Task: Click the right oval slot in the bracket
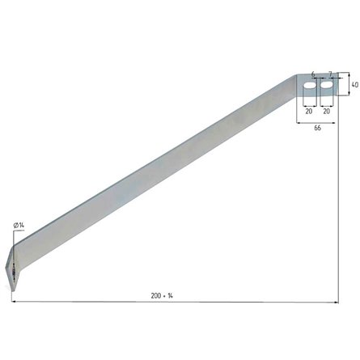[x=327, y=85]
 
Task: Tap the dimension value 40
[x=355, y=85]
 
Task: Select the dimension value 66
[x=318, y=128]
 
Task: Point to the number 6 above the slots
[x=313, y=74]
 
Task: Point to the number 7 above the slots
[x=330, y=74]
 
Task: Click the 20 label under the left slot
[x=309, y=111]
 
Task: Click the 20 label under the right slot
[x=326, y=111]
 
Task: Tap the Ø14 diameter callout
[x=19, y=226]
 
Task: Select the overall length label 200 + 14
[x=162, y=296]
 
